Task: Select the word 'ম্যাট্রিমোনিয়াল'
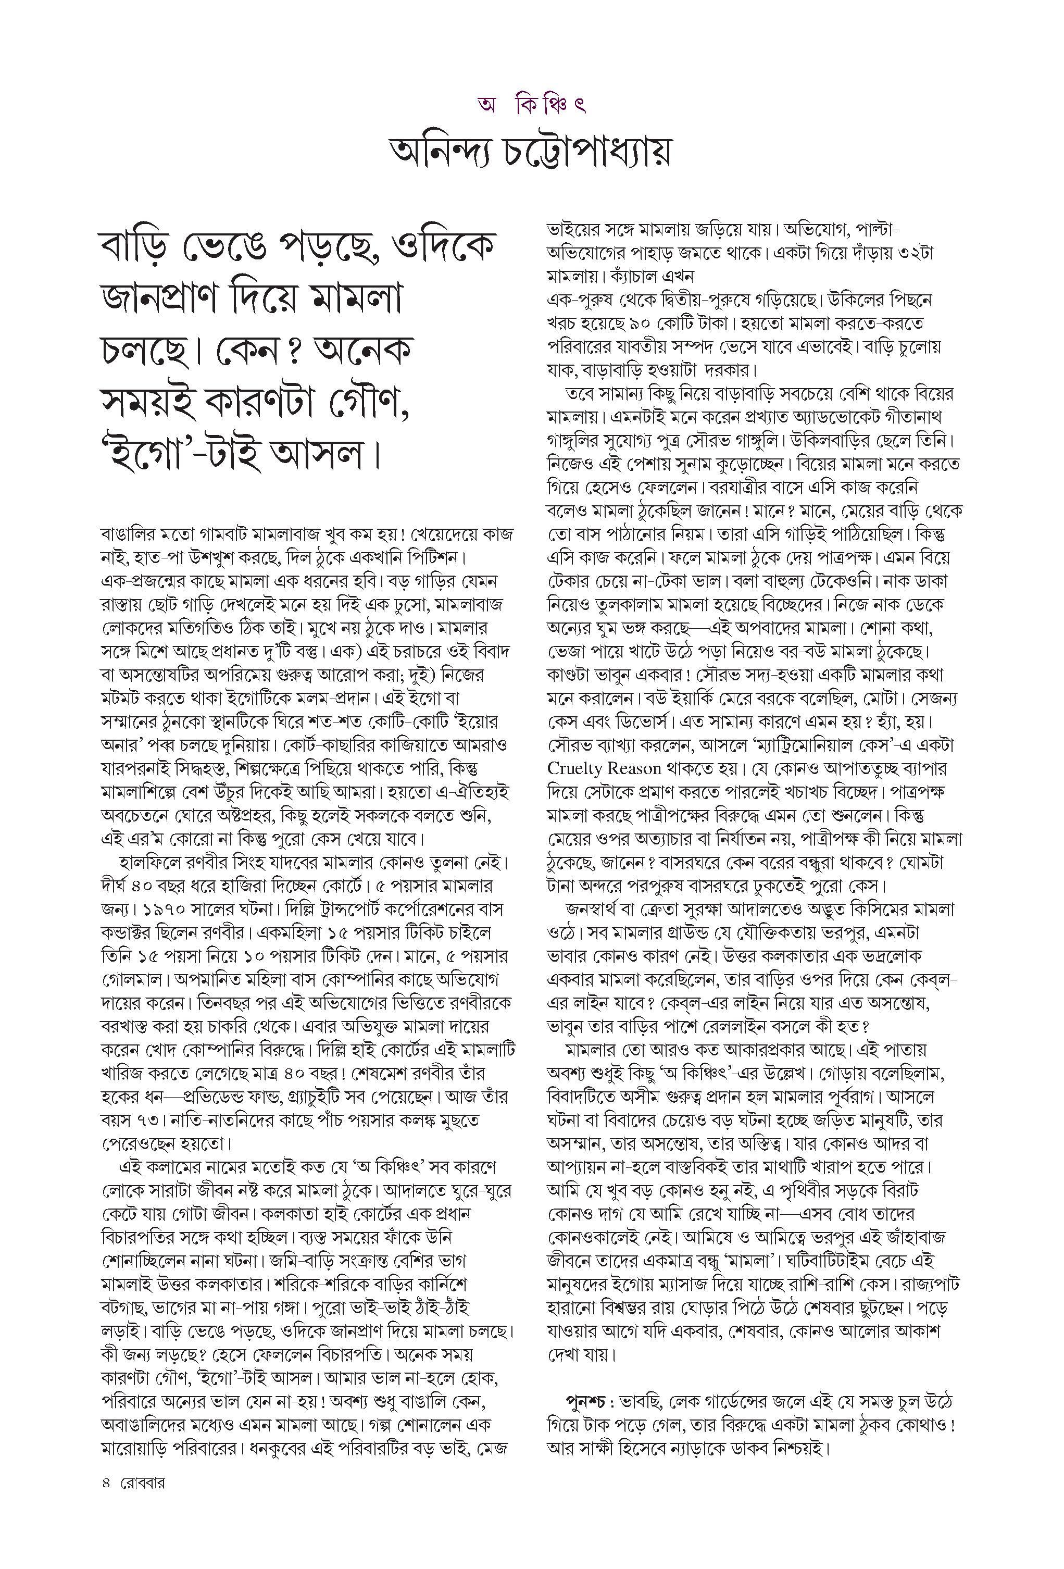click(784, 745)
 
